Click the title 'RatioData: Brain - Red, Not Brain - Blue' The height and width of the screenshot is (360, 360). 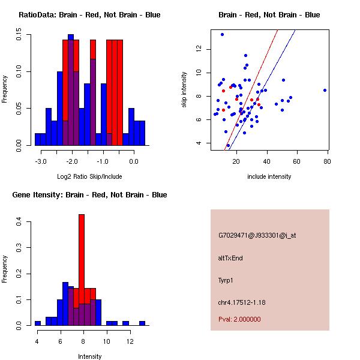coord(89,15)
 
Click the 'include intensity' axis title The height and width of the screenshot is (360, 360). coord(269,176)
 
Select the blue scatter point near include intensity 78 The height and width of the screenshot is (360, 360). coord(325,90)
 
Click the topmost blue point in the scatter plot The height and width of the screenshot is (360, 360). coord(222,34)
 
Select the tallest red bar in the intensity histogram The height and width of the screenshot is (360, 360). coord(82,252)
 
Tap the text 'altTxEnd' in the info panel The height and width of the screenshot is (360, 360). coord(230,258)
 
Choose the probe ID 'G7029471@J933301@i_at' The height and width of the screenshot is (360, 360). coord(257,235)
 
